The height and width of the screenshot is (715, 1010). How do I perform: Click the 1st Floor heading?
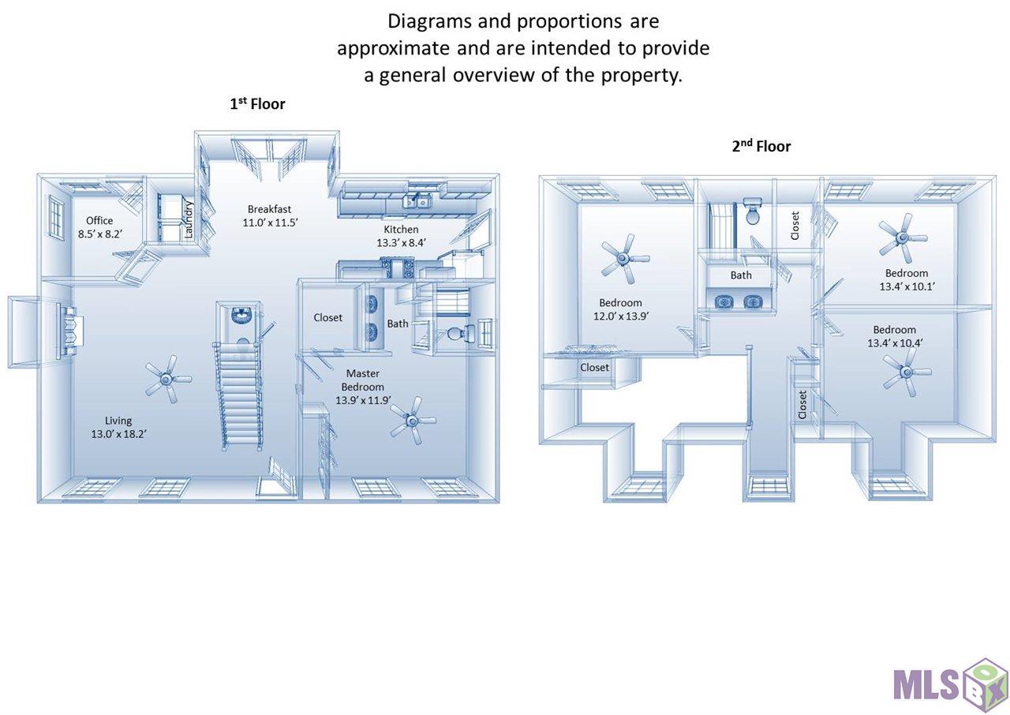tap(257, 103)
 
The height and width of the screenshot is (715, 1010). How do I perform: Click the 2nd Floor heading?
tap(761, 146)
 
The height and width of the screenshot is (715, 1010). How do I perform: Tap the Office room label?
tap(99, 220)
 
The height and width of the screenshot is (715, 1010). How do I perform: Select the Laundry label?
tap(189, 219)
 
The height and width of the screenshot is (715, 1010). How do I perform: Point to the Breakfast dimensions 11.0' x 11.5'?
tap(270, 223)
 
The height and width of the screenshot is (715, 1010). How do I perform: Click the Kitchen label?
tap(401, 229)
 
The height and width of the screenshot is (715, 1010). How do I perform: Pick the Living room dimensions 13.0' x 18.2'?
tap(119, 434)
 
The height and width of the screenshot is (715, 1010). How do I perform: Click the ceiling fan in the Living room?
tap(168, 379)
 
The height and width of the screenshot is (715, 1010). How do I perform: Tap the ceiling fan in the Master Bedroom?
tap(413, 421)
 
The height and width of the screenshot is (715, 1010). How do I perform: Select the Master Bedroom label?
tap(363, 380)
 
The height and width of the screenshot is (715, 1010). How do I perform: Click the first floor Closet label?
tap(327, 318)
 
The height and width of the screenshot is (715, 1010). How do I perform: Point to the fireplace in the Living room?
tap(69, 331)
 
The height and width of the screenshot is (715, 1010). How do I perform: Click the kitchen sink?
tap(417, 202)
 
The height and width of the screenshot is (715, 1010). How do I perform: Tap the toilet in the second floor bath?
tap(753, 211)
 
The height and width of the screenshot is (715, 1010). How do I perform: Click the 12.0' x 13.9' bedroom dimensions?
tap(621, 316)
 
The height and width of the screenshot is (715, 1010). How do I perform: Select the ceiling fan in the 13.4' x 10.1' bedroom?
tap(902, 238)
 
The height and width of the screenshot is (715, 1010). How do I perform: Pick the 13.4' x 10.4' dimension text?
tap(895, 343)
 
